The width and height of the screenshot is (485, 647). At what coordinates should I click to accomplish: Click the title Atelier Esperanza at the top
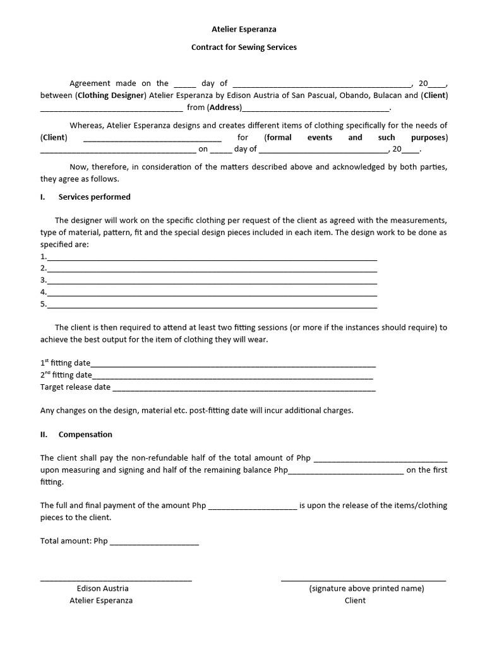[243, 29]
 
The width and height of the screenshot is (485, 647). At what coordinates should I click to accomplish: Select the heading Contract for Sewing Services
[243, 47]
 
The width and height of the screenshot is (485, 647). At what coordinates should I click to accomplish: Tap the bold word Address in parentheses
[225, 107]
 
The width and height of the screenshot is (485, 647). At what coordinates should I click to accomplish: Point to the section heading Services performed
[94, 197]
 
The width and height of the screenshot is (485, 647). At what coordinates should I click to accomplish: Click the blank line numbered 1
[212, 257]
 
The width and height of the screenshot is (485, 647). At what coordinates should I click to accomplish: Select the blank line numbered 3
[212, 281]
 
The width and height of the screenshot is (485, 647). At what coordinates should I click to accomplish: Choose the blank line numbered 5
[212, 305]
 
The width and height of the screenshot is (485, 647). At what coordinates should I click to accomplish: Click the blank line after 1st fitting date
[233, 363]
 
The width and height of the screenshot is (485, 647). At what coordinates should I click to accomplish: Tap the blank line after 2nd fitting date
[233, 375]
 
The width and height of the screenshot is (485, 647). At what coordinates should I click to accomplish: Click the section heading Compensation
[85, 434]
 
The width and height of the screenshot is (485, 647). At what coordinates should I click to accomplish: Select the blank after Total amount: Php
[154, 541]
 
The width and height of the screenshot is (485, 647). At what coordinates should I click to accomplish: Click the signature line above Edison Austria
[116, 578]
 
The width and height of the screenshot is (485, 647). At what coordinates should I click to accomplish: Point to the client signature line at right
[363, 578]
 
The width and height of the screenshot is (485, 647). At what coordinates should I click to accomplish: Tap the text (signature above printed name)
[366, 588]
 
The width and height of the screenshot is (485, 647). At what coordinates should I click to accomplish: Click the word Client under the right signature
[355, 600]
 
